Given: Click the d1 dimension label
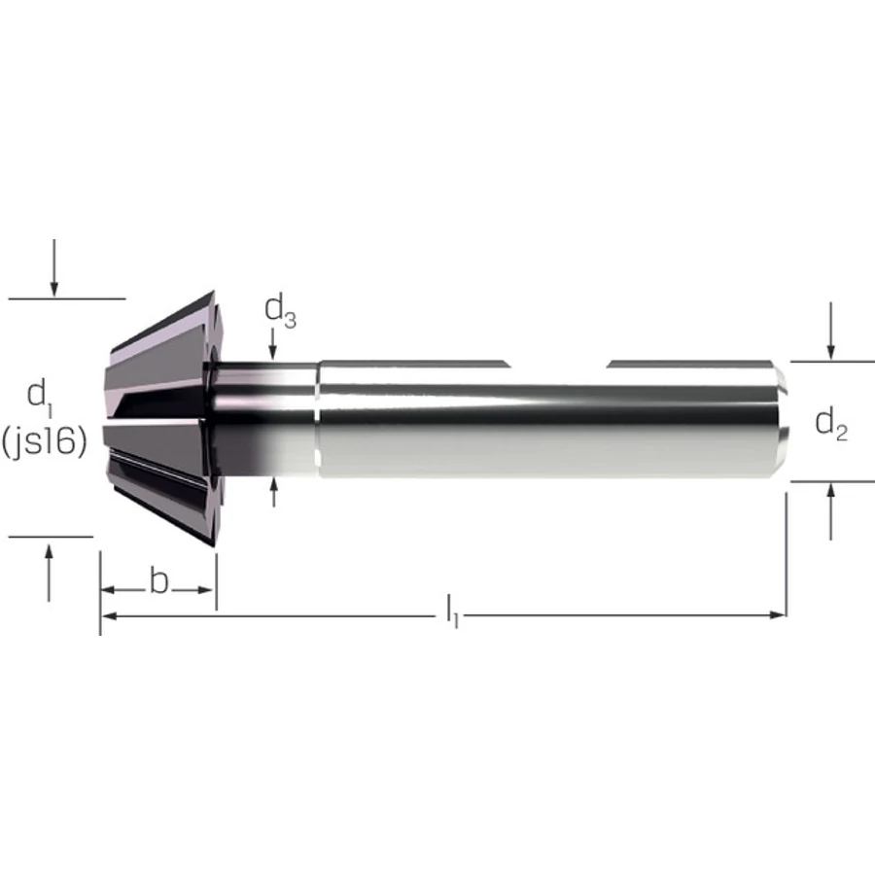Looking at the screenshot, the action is click(39, 398).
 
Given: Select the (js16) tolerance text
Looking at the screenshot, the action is click(44, 442).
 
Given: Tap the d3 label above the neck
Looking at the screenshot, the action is click(280, 311).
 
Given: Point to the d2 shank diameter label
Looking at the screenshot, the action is click(831, 424).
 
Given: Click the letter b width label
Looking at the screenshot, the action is click(158, 581).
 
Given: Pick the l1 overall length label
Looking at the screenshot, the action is click(452, 612).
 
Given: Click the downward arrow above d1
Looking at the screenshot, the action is click(54, 268).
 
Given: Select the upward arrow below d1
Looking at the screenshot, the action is click(50, 573).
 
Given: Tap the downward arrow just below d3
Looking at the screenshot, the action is click(272, 344).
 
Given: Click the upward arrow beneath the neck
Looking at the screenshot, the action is click(273, 493).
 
